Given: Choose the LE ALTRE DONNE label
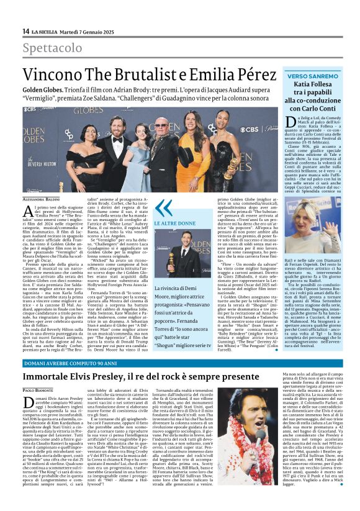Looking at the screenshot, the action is click(x=175, y=223).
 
